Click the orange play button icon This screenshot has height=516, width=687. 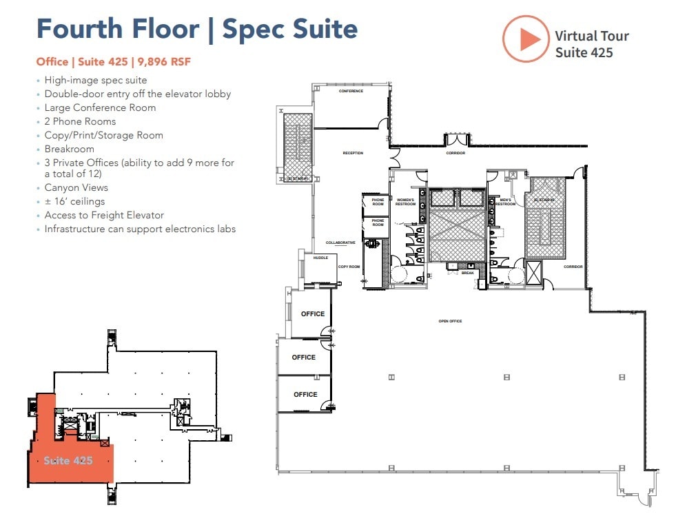pyautogui.click(x=525, y=39)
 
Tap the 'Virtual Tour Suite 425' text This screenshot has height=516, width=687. pyautogui.click(x=591, y=44)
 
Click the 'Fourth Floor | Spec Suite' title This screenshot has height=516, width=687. pyautogui.click(x=196, y=29)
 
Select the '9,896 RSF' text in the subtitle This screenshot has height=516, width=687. pyautogui.click(x=164, y=62)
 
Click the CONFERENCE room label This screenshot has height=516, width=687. pyautogui.click(x=351, y=91)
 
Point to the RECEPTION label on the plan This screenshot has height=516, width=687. pyautogui.click(x=353, y=153)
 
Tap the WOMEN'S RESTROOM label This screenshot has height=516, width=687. pyautogui.click(x=404, y=202)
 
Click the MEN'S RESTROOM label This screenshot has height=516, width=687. pyautogui.click(x=505, y=202)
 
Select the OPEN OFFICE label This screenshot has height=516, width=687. pyautogui.click(x=450, y=321)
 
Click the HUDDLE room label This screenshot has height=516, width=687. pyautogui.click(x=320, y=258)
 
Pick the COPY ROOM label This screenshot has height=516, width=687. pyautogui.click(x=349, y=266)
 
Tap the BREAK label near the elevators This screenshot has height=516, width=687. pyautogui.click(x=468, y=274)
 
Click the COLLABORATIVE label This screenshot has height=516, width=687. pyautogui.click(x=341, y=242)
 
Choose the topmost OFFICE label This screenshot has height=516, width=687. pyautogui.click(x=313, y=314)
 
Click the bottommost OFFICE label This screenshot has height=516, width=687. pyautogui.click(x=305, y=395)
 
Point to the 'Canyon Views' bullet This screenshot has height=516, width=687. pyautogui.click(x=76, y=187)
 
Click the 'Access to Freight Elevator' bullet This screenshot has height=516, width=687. pyautogui.click(x=104, y=215)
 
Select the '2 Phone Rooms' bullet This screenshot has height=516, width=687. pyautogui.click(x=80, y=121)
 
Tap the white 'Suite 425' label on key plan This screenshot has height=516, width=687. pyautogui.click(x=68, y=460)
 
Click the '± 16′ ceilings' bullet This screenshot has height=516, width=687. pyautogui.click(x=74, y=201)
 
